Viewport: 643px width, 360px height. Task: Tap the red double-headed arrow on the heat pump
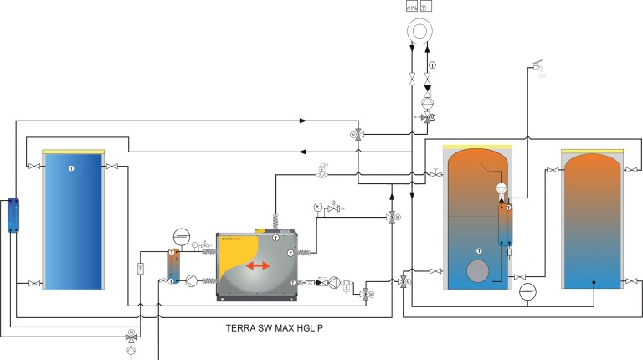pyautogui.click(x=260, y=266)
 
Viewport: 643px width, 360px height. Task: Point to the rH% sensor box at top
pyautogui.click(x=412, y=6)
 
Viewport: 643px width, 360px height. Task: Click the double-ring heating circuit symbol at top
pyautogui.click(x=418, y=32)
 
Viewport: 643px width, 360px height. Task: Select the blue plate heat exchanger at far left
pyautogui.click(x=13, y=215)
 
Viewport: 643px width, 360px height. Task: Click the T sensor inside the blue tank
pyautogui.click(x=71, y=168)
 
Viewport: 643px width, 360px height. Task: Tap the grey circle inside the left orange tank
pyautogui.click(x=478, y=273)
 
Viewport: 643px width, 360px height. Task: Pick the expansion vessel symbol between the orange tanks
pyautogui.click(x=527, y=291)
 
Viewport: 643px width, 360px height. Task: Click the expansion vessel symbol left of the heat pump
pyautogui.click(x=180, y=235)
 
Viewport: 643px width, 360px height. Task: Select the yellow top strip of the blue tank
pyautogui.click(x=73, y=151)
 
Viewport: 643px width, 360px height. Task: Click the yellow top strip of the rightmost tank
pyautogui.click(x=594, y=151)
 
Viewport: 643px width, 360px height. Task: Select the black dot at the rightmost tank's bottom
pyautogui.click(x=594, y=282)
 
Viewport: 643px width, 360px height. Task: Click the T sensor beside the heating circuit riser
pyautogui.click(x=432, y=65)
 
